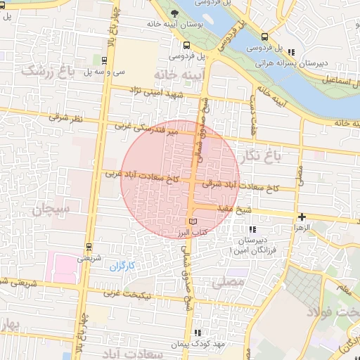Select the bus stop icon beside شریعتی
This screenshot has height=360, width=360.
click(x=88, y=247)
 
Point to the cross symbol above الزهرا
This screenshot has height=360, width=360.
click(x=302, y=217)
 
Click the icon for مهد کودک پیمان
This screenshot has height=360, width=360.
click(x=198, y=333)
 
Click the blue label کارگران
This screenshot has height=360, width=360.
click(x=121, y=266)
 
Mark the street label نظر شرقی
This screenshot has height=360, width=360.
click(x=65, y=118)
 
